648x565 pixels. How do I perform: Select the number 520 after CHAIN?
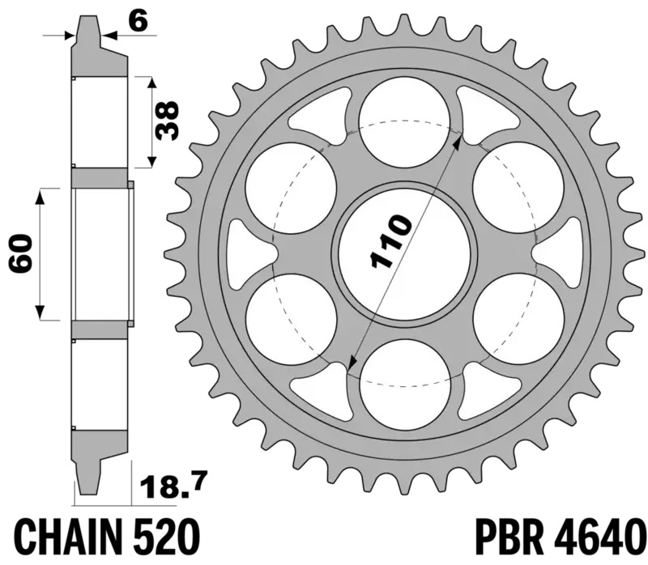[164, 536]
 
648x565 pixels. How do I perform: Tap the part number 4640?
[599, 536]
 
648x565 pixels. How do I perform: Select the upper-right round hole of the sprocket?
[518, 185]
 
